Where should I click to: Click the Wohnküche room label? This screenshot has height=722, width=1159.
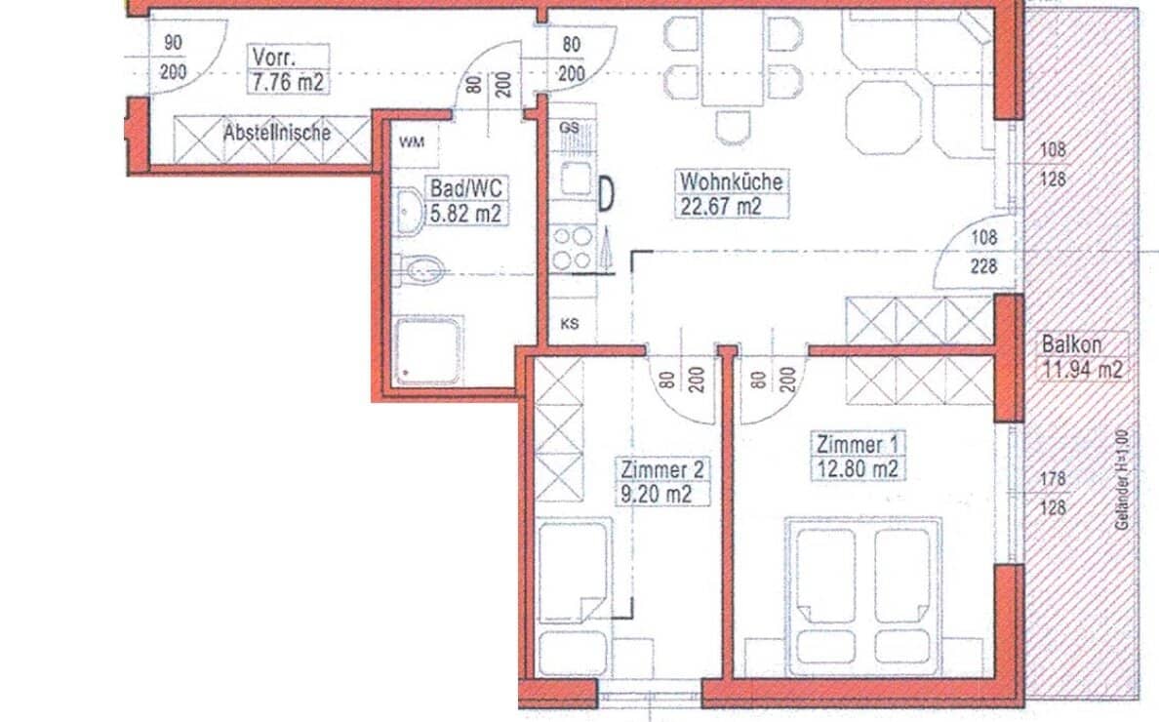[731, 181]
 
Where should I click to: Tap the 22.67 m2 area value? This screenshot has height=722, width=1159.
[721, 205]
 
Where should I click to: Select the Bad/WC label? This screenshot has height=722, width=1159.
[465, 188]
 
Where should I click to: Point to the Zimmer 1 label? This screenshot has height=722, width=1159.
[856, 445]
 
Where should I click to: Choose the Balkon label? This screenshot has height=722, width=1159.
[1071, 344]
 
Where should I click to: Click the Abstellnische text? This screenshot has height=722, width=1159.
[276, 132]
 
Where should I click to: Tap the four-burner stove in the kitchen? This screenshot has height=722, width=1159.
[572, 248]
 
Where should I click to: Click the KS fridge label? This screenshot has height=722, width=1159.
[570, 324]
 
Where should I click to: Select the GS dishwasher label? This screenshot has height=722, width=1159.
[570, 128]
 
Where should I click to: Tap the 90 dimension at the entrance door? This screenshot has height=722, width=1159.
[173, 43]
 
